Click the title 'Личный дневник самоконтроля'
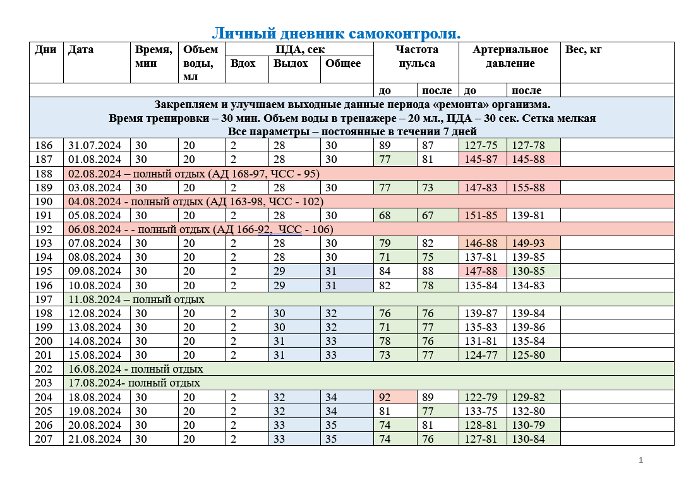336,33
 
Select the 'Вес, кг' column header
583,50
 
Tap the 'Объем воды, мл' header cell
200,63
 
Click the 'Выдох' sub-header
291,63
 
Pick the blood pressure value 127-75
481,145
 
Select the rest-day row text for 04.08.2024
195,201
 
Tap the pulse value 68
384,215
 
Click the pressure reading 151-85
481,215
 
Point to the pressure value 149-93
529,243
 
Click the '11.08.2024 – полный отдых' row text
136,299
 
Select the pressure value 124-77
481,355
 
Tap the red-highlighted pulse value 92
384,397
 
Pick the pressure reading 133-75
481,411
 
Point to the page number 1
641,460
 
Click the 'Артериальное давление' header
510,56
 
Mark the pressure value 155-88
529,188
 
